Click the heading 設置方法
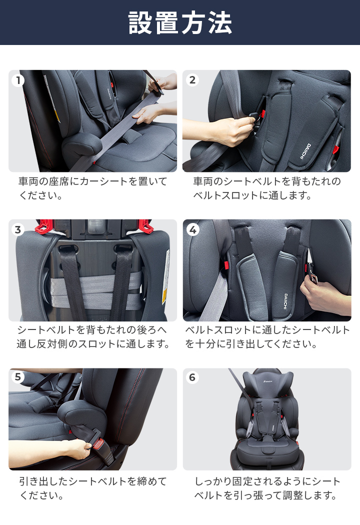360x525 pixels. pos(180,23)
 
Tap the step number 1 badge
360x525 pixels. pos(18,80)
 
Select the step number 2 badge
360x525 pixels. pos(192,80)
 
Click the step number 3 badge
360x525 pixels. pos(18,229)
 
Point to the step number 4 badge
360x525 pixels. pos(192,229)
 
